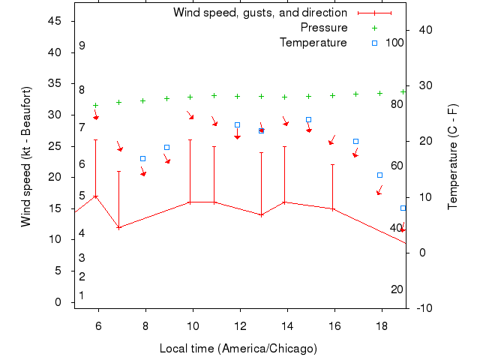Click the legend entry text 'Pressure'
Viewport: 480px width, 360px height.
coord(324,28)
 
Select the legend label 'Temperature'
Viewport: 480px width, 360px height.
coord(313,43)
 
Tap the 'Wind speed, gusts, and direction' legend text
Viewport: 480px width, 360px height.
coord(259,13)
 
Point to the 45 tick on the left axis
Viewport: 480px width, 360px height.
coord(55,21)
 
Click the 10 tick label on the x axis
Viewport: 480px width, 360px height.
coord(193,325)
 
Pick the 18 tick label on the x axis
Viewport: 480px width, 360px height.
coord(382,325)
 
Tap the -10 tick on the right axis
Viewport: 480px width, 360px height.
coord(424,308)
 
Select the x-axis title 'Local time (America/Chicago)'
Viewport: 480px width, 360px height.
coord(238,349)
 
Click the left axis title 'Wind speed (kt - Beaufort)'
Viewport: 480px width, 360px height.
coord(26,156)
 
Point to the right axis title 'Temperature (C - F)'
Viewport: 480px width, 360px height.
coord(453,156)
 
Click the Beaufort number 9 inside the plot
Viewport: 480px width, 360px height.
coord(82,46)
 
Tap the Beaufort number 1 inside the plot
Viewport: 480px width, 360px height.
coord(82,295)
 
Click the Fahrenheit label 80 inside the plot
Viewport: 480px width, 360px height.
coord(397,103)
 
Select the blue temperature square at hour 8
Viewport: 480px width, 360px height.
coord(142,158)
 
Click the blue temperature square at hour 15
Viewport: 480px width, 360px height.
coord(308,119)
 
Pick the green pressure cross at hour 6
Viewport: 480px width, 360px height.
coord(95,106)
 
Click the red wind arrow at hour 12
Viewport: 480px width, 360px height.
coord(237,135)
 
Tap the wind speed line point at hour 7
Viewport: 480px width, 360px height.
coord(119,227)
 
